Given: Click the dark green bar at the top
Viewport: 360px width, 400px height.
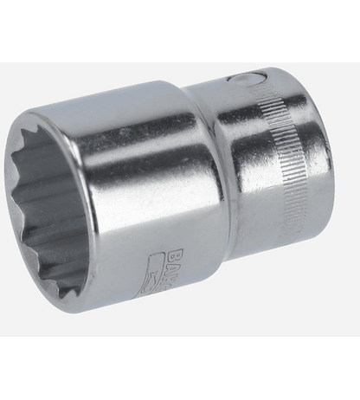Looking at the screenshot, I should tap(180, 30).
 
